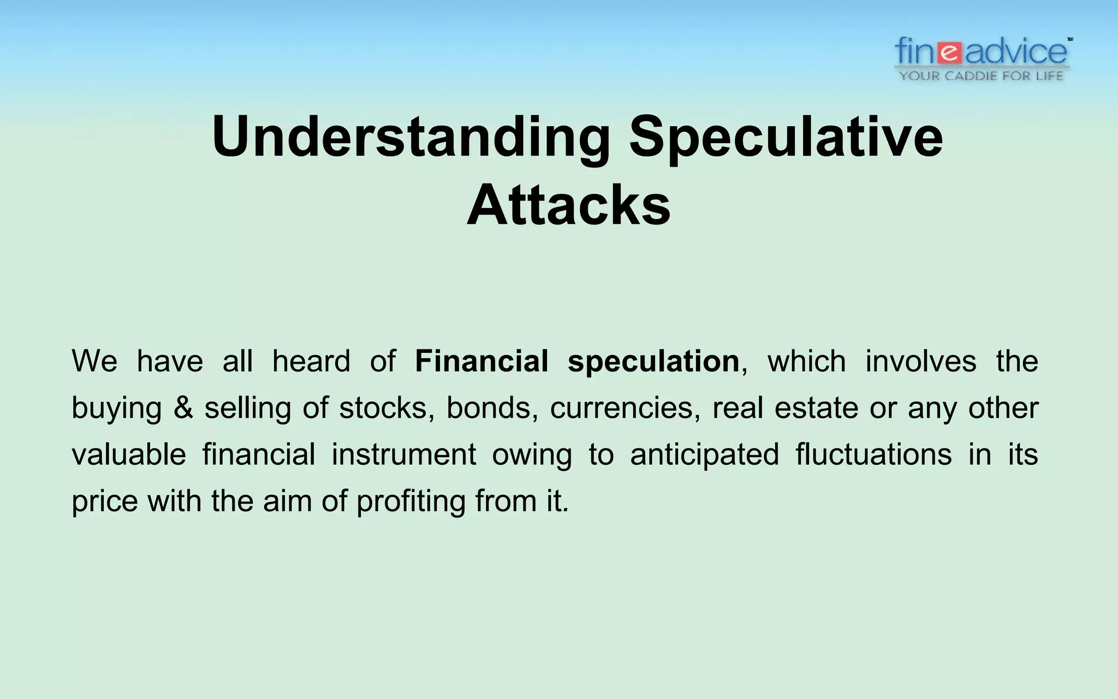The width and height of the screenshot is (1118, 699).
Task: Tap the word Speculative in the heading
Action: pos(786,138)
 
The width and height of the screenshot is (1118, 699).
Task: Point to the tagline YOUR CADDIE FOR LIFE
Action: pos(981,76)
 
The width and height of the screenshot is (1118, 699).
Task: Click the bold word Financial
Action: pos(481,362)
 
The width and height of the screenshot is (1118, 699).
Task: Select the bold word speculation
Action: pos(653,362)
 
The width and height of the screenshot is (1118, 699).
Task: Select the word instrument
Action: pos(403,454)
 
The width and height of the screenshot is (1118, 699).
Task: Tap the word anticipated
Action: pos(704,454)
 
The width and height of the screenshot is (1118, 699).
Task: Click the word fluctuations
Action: pos(873,454)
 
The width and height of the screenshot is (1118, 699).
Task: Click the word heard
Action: pos(311,362)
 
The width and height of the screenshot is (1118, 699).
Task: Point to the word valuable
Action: pos(129,454)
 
